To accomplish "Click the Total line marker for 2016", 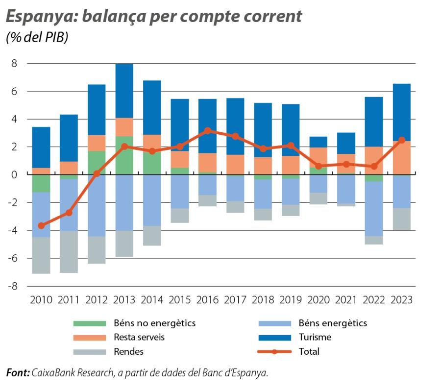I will pyautogui.click(x=208, y=131).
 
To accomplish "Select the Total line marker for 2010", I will pyautogui.click(x=41, y=225).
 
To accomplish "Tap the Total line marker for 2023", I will pyautogui.click(x=402, y=140).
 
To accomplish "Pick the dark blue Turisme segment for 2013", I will pyautogui.click(x=124, y=91).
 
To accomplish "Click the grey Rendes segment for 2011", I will pyautogui.click(x=69, y=252).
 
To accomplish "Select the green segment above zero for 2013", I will pyautogui.click(x=124, y=155).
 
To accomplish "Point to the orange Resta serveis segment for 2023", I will pyautogui.click(x=402, y=158).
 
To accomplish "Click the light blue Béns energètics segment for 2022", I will pyautogui.click(x=374, y=209).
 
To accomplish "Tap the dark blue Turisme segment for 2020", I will pyautogui.click(x=318, y=142).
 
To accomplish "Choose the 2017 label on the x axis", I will pyautogui.click(x=235, y=299).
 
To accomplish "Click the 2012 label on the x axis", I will pyautogui.click(x=97, y=299).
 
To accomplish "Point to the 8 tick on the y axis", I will pyautogui.click(x=14, y=63).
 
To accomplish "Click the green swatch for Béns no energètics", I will pyautogui.click(x=89, y=323).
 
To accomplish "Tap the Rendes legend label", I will pyautogui.click(x=128, y=351).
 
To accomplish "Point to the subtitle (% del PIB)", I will pyautogui.click(x=37, y=38).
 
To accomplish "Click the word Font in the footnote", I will pyautogui.click(x=18, y=373).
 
